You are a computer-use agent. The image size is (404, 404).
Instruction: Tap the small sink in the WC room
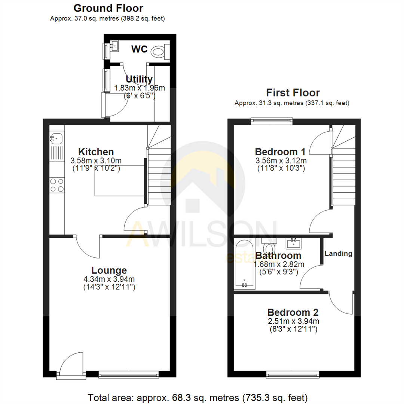pyautogui.click(x=114, y=47)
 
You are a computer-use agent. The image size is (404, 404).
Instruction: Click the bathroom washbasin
pyautogui.click(x=294, y=244)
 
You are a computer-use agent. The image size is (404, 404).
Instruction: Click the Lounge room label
pyautogui.click(x=109, y=270)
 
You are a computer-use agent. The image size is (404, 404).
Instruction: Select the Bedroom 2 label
pyautogui.click(x=293, y=312)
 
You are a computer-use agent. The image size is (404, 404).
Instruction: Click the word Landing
pyautogui.click(x=338, y=254)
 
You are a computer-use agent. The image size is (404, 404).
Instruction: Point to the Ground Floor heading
pyautogui.click(x=108, y=8)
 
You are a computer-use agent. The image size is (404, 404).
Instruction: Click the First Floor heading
pyautogui.click(x=293, y=92)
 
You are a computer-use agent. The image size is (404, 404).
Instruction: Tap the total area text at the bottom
pyautogui.click(x=198, y=397)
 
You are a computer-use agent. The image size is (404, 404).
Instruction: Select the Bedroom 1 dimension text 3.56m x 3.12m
pyautogui.click(x=280, y=161)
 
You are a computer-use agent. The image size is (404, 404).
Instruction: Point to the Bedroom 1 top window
pyautogui.click(x=271, y=120)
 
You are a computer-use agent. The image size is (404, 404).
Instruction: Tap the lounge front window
pyautogui.click(x=129, y=374)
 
